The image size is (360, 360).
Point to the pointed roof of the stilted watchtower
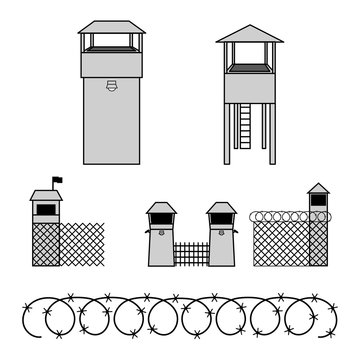tap(249, 34)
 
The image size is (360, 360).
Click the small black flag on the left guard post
tap(57, 182)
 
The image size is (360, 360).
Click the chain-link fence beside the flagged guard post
tap(82, 244)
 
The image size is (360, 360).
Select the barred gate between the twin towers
tap(191, 255)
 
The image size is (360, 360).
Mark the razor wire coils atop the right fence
tap(280, 215)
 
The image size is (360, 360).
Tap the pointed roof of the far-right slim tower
tap(318, 188)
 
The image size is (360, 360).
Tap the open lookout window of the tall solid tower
tap(111, 43)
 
